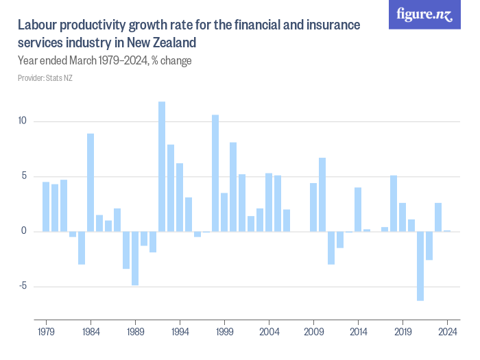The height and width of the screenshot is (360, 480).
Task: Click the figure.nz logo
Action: coord(424,15)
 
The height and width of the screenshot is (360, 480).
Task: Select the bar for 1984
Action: coord(91,182)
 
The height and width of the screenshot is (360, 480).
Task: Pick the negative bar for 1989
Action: coord(135,258)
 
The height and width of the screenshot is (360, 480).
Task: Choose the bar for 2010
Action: coord(322,195)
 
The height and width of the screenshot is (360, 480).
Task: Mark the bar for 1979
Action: coord(46,206)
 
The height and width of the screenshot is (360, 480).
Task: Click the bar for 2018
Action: coord(394,204)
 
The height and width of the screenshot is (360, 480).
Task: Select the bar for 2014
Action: coord(358,209)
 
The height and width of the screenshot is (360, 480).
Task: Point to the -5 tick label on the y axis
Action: coord(22,287)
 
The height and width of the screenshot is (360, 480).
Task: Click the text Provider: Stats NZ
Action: coord(45,78)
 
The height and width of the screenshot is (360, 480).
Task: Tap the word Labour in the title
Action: coord(38,25)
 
